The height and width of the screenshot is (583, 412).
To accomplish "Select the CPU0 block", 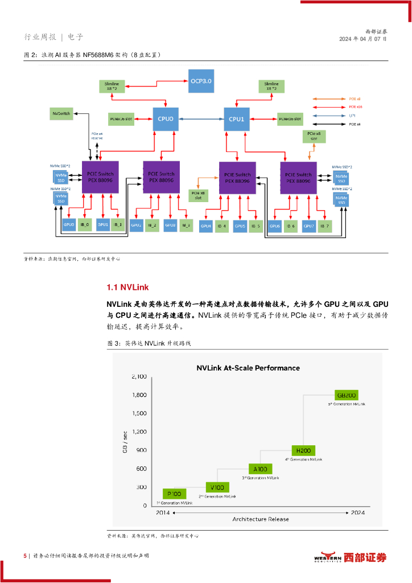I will pos(165,119).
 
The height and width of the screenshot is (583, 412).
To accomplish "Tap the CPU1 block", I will pos(236,119).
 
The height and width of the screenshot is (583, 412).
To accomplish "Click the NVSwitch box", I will pos(61,114).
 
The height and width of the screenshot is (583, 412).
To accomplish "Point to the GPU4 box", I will pos(206,227).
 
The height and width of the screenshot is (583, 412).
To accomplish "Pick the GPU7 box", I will pos(308,226).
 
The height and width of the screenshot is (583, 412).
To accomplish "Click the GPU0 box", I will pos(69,225).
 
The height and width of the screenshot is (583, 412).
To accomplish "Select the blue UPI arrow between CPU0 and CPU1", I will pos(200,119).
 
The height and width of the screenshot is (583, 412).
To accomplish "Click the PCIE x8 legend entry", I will pos(333,98).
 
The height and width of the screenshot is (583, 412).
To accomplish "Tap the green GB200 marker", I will pos(347,395).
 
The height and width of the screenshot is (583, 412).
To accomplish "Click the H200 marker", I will pos(303,450).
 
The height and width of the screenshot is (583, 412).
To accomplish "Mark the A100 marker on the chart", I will pos(259,469).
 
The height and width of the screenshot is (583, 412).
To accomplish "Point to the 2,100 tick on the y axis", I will pos(139,377).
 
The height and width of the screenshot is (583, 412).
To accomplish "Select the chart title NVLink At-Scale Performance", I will pos(248,368).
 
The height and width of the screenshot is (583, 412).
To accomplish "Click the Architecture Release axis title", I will pos(260,519).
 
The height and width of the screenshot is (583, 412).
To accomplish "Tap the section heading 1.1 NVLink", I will pos(127,286).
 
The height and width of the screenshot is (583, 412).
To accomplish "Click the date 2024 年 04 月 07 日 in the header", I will pos(363,39).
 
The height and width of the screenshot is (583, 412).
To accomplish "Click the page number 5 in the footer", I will pos(25,556).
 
